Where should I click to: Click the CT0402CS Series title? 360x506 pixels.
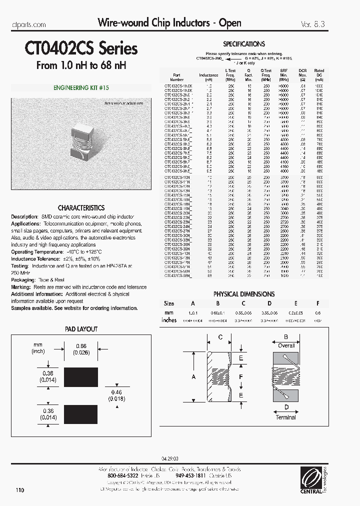point(81,48)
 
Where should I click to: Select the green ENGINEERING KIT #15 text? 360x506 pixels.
point(81,87)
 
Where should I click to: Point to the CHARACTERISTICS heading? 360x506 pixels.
point(81,207)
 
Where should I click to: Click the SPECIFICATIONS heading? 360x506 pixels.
point(244,44)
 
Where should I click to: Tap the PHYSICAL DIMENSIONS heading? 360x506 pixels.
point(244,294)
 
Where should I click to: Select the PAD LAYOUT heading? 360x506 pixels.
point(81,329)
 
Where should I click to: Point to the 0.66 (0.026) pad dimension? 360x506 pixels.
point(81,349)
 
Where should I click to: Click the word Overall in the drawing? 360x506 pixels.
point(286,345)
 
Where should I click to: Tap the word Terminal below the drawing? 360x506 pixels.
point(285,417)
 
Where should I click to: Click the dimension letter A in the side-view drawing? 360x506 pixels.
point(194,376)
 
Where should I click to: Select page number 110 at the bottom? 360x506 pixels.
point(19,490)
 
